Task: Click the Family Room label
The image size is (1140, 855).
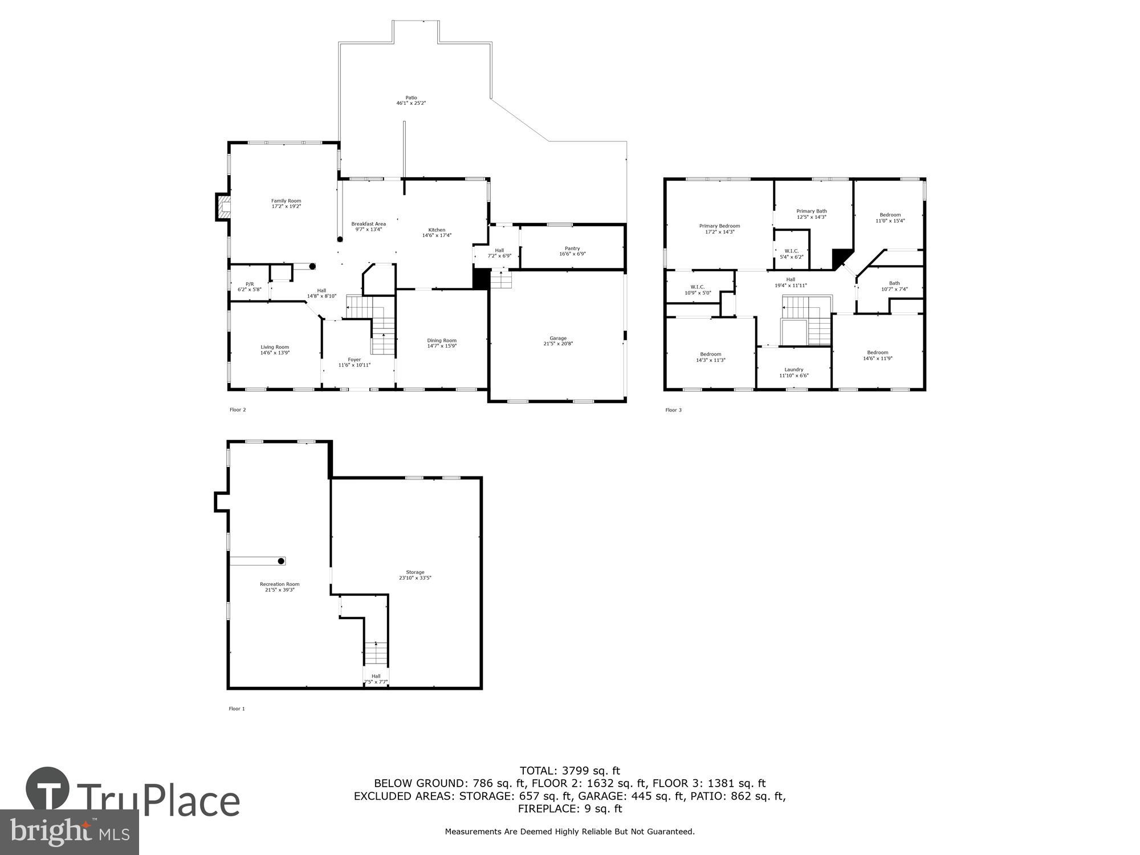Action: tap(286, 201)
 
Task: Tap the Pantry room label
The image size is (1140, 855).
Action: tap(572, 249)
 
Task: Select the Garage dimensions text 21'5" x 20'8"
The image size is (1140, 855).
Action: tap(558, 344)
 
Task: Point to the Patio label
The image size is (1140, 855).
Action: tap(411, 98)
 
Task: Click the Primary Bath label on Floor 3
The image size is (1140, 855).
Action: tap(812, 211)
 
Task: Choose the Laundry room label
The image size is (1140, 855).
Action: tap(794, 370)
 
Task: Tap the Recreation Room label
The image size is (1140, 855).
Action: tap(279, 584)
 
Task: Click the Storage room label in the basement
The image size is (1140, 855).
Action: tap(415, 572)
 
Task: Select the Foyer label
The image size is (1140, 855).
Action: tap(355, 360)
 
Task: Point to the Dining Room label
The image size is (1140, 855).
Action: tap(442, 341)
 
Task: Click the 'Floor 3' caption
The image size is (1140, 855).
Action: tap(673, 410)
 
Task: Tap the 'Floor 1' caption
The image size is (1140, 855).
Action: tap(237, 709)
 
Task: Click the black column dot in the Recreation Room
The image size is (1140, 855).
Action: tap(281, 561)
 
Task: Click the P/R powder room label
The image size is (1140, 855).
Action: tap(250, 284)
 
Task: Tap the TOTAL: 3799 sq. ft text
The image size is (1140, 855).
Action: tap(569, 771)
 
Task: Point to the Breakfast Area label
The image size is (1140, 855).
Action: tap(368, 224)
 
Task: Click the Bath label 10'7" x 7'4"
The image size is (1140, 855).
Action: tap(894, 283)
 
